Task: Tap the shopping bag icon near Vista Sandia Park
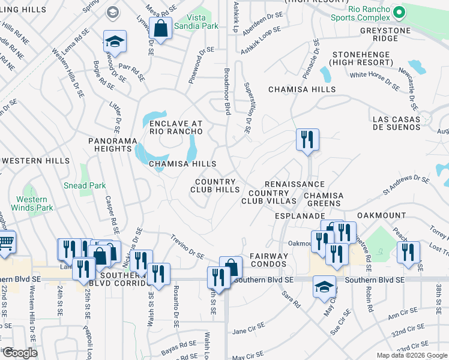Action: [x=161, y=27]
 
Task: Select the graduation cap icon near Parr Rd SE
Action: [x=115, y=41]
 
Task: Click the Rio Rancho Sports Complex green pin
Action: [x=398, y=11]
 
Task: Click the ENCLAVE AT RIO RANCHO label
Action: [x=172, y=128]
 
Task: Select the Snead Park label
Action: [x=85, y=185]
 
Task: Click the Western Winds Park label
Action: [x=32, y=203]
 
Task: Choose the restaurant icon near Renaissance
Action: [x=307, y=140]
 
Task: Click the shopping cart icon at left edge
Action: [x=5, y=242]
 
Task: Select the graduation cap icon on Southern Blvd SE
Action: [x=324, y=286]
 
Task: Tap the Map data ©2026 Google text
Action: [x=411, y=355]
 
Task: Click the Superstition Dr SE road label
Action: [x=247, y=108]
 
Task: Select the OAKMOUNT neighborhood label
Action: [x=381, y=215]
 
